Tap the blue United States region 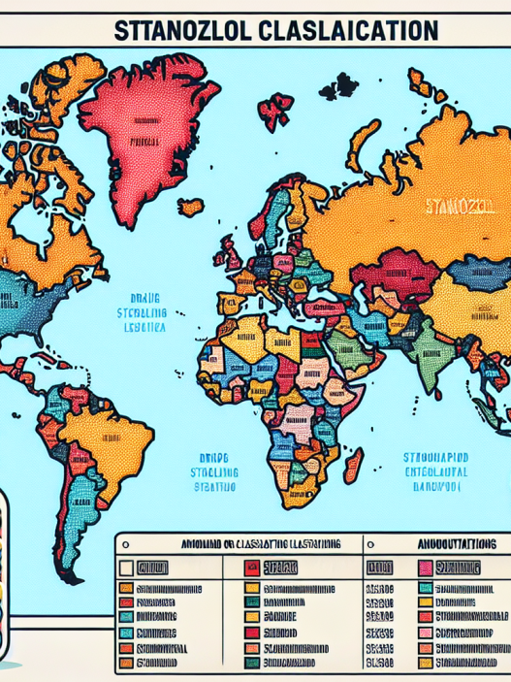coord(39,306)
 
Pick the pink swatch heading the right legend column coord(426,568)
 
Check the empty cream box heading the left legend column coord(126,568)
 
